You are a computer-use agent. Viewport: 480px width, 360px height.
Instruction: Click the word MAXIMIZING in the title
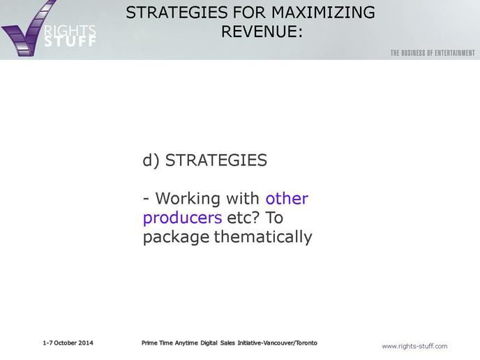323,13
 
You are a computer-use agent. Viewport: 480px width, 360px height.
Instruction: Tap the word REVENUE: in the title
262,31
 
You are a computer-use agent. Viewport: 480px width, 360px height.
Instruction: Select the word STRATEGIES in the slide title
177,13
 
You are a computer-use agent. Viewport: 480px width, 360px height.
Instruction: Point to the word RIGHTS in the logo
70,31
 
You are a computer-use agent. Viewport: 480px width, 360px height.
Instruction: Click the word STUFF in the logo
70,42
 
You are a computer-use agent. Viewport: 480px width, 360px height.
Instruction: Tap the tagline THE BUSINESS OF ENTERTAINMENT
433,53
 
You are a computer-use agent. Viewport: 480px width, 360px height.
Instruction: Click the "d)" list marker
151,160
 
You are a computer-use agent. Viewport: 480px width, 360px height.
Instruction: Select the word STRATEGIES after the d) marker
216,160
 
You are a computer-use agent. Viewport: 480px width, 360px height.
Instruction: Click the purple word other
287,198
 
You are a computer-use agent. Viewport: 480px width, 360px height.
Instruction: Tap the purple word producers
183,218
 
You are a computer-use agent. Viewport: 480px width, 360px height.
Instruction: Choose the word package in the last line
177,237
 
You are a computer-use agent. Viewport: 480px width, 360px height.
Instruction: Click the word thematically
263,237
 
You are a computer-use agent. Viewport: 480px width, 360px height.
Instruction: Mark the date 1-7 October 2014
68,343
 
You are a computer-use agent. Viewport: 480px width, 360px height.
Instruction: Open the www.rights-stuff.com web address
414,346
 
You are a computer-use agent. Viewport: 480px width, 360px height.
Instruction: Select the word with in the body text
243,198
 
